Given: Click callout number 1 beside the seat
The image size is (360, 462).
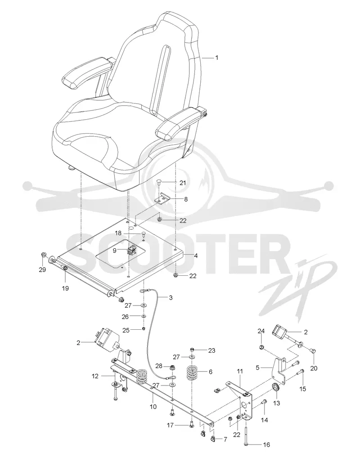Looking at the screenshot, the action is pos(217,58).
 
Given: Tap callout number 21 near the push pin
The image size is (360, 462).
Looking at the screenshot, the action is pos(183,183).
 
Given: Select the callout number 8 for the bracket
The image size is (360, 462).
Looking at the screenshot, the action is pos(186,199).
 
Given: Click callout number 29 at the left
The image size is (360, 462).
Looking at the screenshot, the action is pos(42,269).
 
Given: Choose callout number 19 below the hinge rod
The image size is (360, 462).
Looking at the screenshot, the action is pos(65,288).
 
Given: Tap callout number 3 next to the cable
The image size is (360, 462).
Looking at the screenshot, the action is pos(171,298).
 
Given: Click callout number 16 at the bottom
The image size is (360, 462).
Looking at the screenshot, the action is pos(266,445).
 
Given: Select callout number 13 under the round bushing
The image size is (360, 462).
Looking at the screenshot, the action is pos(277,403).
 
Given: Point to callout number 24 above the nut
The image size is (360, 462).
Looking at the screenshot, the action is pos(261,331).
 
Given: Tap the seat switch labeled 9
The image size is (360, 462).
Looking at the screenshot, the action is pos(131,250).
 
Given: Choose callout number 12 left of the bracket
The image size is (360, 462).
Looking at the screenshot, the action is pos(95,376).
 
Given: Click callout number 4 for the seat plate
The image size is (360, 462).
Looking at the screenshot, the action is pos(196,256).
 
